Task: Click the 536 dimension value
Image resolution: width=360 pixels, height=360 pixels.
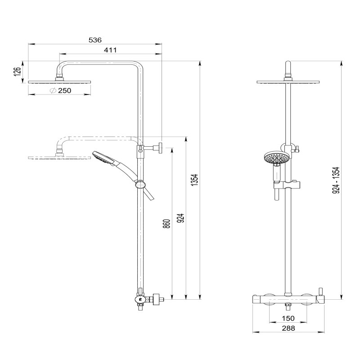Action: point(94,40)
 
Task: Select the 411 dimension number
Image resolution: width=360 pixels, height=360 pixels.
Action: point(110,50)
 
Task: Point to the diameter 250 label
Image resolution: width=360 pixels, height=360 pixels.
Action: point(64,91)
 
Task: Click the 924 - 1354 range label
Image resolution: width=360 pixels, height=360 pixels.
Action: point(335,180)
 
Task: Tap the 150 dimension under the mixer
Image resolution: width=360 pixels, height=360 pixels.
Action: point(288,319)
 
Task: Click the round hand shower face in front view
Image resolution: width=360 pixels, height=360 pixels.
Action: point(274,158)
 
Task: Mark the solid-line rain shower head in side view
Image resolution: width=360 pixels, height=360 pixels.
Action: point(60,81)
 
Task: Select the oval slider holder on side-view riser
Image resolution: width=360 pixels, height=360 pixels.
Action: point(141,184)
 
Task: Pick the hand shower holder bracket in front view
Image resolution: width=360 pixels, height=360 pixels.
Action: point(287,184)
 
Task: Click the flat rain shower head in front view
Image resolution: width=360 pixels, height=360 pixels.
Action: point(288,82)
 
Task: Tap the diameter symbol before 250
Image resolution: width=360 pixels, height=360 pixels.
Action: point(52,91)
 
